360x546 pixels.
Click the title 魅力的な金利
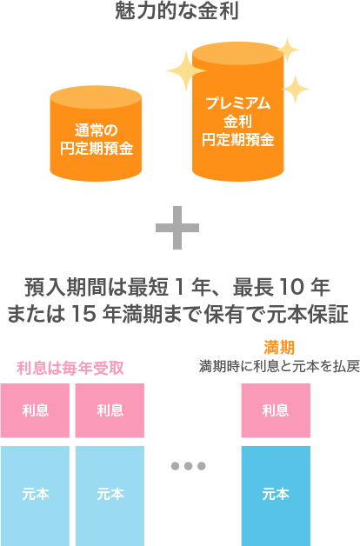(177, 10)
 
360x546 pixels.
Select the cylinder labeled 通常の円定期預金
(96, 133)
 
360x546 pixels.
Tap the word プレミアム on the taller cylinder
(237, 103)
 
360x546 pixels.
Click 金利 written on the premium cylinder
(237, 122)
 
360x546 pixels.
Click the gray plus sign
(177, 228)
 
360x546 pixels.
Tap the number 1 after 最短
(180, 288)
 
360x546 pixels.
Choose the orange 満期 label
(279, 347)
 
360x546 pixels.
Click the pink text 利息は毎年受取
(70, 368)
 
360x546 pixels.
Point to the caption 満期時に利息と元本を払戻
(279, 366)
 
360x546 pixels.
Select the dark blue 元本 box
(276, 496)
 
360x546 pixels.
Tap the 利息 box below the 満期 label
(276, 410)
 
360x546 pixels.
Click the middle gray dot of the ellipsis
(189, 466)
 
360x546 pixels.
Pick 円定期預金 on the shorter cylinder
(97, 149)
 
